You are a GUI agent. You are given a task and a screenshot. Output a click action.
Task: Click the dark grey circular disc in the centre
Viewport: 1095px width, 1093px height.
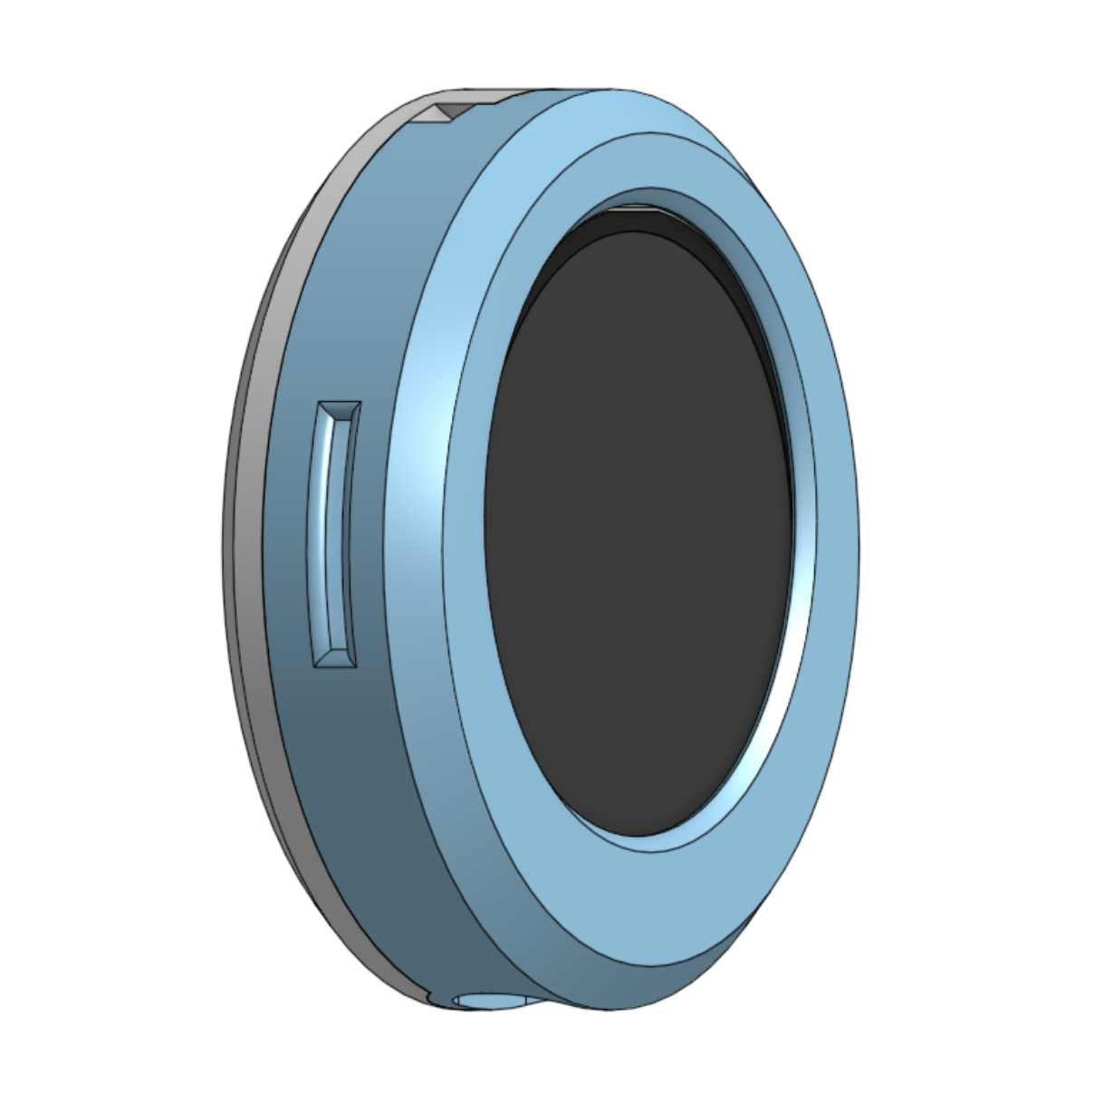pyautogui.click(x=634, y=543)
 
